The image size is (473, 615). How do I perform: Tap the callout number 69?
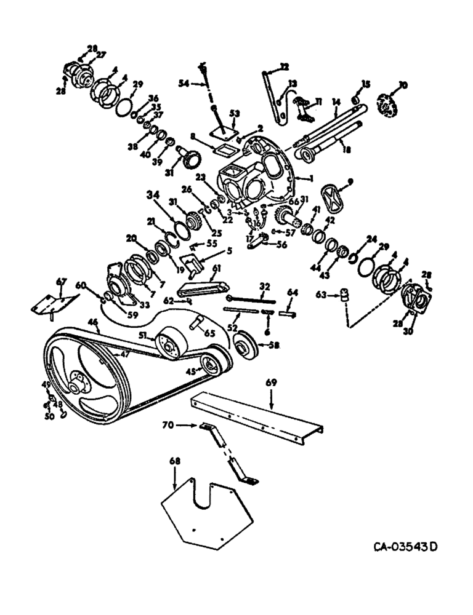coord(272,383)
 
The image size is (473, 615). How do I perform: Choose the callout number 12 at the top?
coord(284,66)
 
